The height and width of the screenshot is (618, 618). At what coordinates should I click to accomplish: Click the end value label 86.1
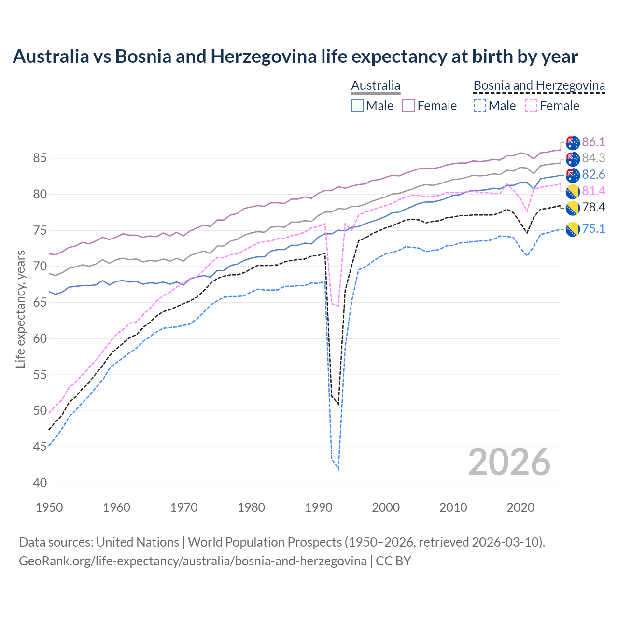[x=593, y=142]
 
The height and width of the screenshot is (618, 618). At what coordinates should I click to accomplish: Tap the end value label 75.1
[x=593, y=228]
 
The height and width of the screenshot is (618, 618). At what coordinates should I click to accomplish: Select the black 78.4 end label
[x=593, y=207]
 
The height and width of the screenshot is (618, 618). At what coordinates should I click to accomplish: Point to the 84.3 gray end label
[x=593, y=158]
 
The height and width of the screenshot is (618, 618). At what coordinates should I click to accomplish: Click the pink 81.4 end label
[x=593, y=191]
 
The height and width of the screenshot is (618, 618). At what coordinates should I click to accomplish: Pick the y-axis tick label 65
[x=39, y=303]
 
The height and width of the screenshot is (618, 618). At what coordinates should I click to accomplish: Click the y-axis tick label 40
[x=39, y=483]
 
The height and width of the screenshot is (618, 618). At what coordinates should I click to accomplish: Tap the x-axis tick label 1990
[x=319, y=507]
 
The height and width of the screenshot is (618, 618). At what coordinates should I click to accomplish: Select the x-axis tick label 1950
[x=50, y=507]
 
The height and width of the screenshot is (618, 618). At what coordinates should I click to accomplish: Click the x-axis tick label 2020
[x=520, y=507]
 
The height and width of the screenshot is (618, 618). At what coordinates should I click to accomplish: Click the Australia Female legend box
[x=408, y=106]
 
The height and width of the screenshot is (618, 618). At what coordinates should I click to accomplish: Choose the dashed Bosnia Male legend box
[x=479, y=106]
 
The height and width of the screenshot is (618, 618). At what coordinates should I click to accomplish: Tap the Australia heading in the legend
[x=376, y=85]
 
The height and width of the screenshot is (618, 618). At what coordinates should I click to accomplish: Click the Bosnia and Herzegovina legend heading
[x=539, y=85]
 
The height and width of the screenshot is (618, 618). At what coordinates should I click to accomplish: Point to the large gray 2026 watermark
[x=509, y=463]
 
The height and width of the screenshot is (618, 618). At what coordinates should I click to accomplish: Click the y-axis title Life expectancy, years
[x=21, y=309]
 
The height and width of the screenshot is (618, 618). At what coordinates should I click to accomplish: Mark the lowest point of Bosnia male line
[x=338, y=469]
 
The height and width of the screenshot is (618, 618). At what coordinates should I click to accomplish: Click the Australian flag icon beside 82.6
[x=572, y=175]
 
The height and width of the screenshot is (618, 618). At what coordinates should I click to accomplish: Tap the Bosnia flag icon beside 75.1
[x=572, y=229]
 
